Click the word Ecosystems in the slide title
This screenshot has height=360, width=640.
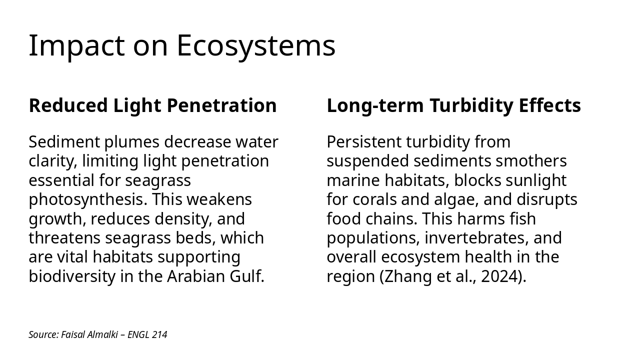(x=255, y=46)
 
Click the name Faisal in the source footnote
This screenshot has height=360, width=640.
(x=73, y=335)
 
